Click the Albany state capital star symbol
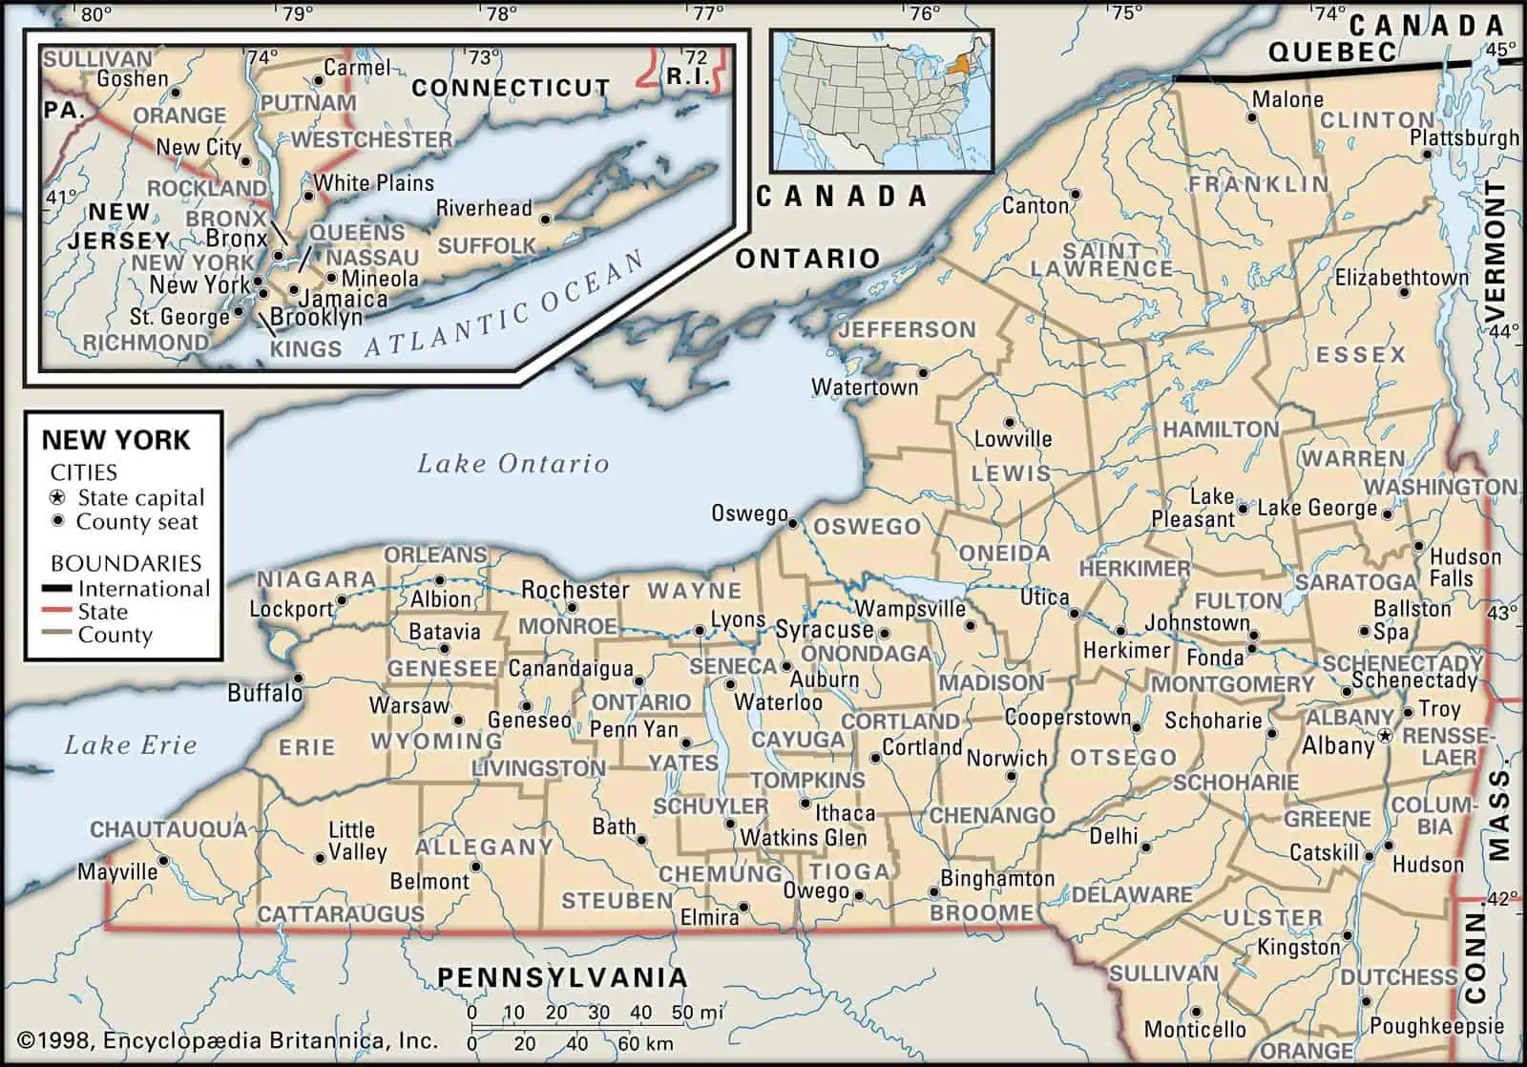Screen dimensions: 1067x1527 point(1385,736)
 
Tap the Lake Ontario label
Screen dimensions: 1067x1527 point(512,464)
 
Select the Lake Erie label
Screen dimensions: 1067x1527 point(130,745)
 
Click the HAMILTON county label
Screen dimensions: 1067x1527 point(1220,429)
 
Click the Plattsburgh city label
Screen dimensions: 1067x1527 point(1464,137)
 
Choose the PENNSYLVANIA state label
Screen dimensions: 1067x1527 point(562,976)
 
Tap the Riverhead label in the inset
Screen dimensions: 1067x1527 point(484,208)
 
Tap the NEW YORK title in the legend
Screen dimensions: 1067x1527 point(115,440)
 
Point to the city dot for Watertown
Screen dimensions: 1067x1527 point(923,372)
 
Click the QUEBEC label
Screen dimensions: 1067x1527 point(1331,52)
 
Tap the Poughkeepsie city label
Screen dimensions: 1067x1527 point(1436,1027)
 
